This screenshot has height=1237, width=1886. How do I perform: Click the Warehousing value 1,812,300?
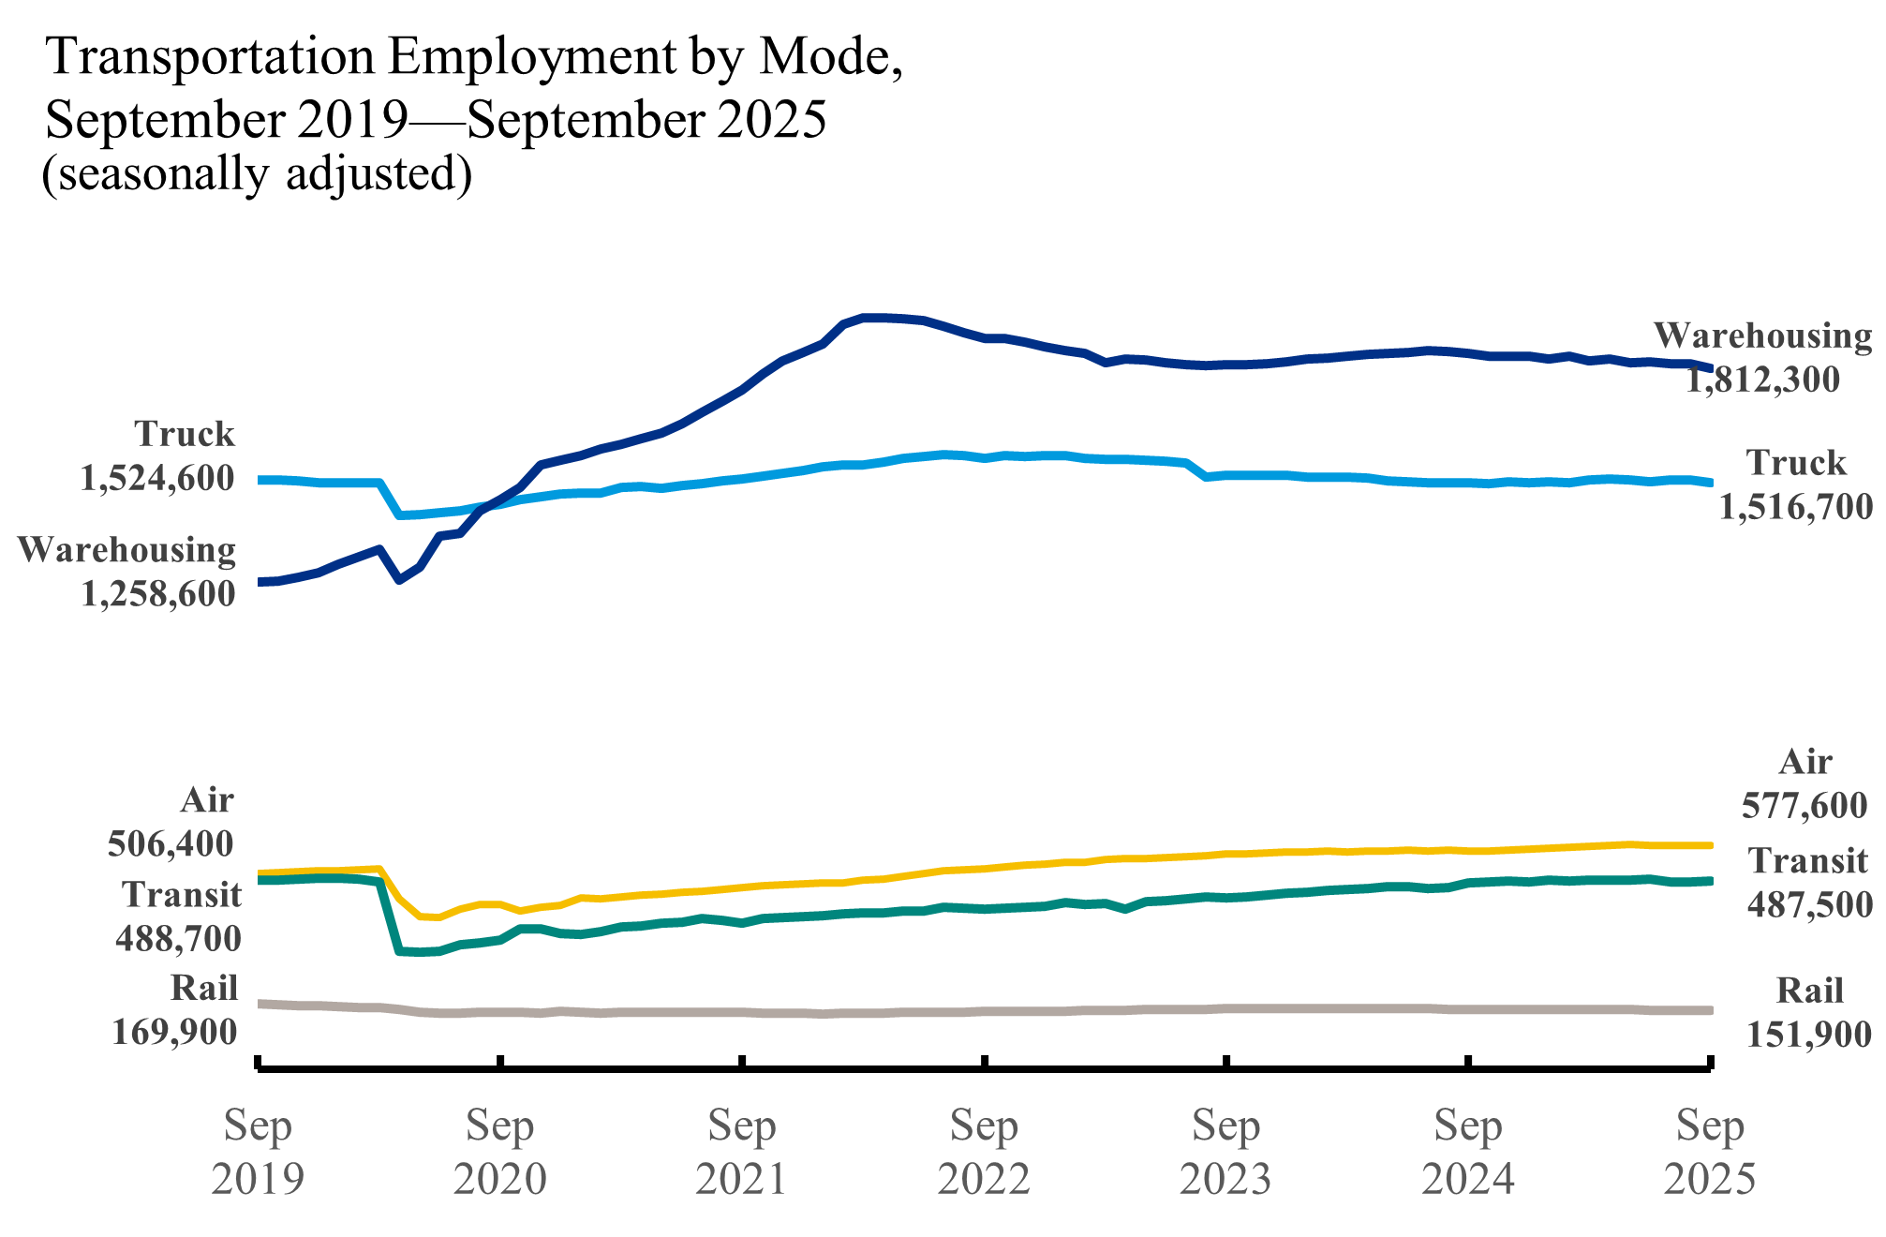1762,380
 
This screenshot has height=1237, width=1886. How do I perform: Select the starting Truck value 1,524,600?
156,478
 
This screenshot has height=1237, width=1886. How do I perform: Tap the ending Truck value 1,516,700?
1795,507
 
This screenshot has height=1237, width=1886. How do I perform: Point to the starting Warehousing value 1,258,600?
157,593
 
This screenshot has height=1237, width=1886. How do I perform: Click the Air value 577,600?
1804,805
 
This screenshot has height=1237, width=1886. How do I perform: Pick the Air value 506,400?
171,843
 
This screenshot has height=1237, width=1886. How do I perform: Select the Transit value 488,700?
178,938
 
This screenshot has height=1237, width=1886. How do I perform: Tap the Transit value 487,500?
1809,904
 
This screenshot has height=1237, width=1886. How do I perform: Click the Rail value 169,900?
174,1032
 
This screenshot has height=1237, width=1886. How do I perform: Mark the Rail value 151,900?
1809,1034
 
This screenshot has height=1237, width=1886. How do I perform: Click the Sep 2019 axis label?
258,1152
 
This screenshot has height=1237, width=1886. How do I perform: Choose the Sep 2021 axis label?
742,1152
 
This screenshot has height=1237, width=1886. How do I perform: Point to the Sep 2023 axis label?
1225,1152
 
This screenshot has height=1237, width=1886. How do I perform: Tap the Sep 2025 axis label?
1710,1152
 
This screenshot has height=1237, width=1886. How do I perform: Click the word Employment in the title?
531,56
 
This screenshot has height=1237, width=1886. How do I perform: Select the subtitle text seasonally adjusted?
257,174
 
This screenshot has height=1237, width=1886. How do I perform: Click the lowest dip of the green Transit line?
420,952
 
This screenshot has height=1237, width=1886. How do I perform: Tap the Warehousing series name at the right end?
1762,335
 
